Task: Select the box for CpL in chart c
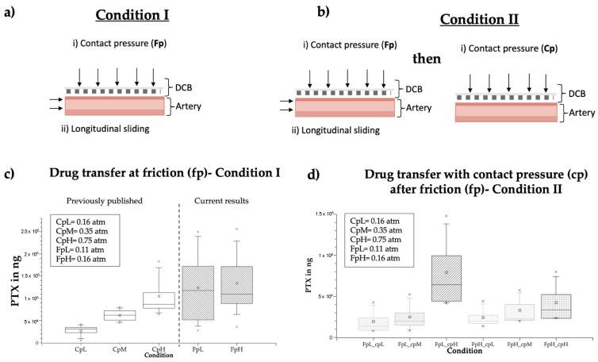(80, 329)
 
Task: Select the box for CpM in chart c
(120, 315)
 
